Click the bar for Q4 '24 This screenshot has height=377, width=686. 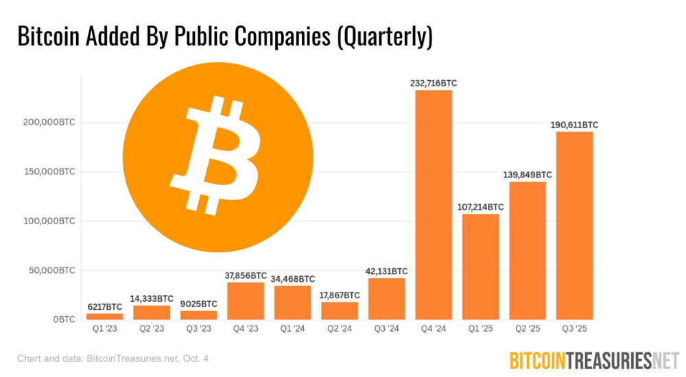(x=434, y=205)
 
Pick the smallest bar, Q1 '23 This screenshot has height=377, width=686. (x=105, y=316)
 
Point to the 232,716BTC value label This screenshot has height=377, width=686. (x=434, y=83)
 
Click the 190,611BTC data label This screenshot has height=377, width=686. (x=574, y=125)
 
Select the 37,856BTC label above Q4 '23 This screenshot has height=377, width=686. (x=245, y=276)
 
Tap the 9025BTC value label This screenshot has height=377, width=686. (x=198, y=304)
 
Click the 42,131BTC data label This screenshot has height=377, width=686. (x=386, y=271)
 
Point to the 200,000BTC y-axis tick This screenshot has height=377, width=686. (x=47, y=123)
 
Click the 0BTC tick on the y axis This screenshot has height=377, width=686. (x=62, y=319)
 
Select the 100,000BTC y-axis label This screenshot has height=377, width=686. (x=47, y=221)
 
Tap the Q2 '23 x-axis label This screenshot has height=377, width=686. (x=152, y=328)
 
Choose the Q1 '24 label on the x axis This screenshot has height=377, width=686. (x=292, y=328)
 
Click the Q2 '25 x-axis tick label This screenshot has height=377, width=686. (x=527, y=328)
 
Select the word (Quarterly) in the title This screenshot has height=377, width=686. (x=384, y=37)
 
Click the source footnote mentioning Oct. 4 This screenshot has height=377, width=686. (x=113, y=358)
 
